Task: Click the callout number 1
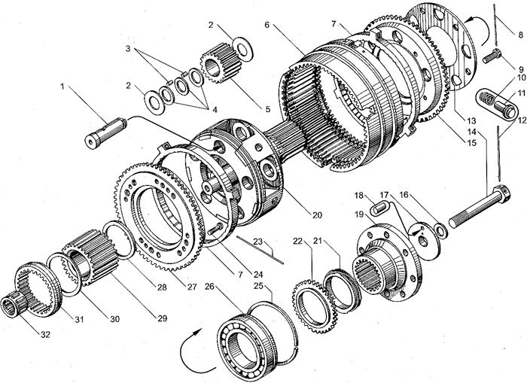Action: pyautogui.click(x=62, y=87)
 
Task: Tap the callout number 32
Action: pyautogui.click(x=45, y=334)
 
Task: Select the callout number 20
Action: pyautogui.click(x=317, y=214)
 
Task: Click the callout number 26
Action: pyautogui.click(x=209, y=287)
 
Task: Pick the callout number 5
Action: pyautogui.click(x=267, y=109)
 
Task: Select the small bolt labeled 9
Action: pyautogui.click(x=492, y=56)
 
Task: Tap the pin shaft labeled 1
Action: pyautogui.click(x=105, y=132)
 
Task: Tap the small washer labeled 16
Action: pyautogui.click(x=439, y=230)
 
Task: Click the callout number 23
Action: pyautogui.click(x=257, y=242)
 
